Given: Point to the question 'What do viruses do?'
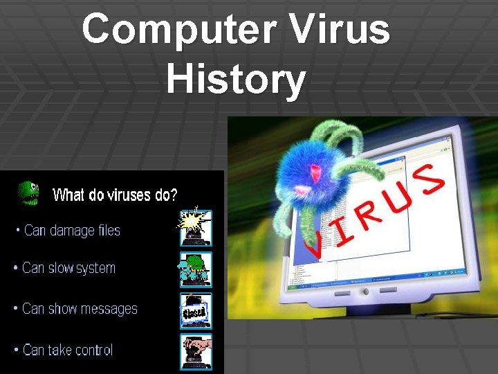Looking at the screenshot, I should click(x=115, y=195).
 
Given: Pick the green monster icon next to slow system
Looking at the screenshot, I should click(x=195, y=269).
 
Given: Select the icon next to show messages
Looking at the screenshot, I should click(x=195, y=310).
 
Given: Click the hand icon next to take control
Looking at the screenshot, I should click(x=195, y=350).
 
